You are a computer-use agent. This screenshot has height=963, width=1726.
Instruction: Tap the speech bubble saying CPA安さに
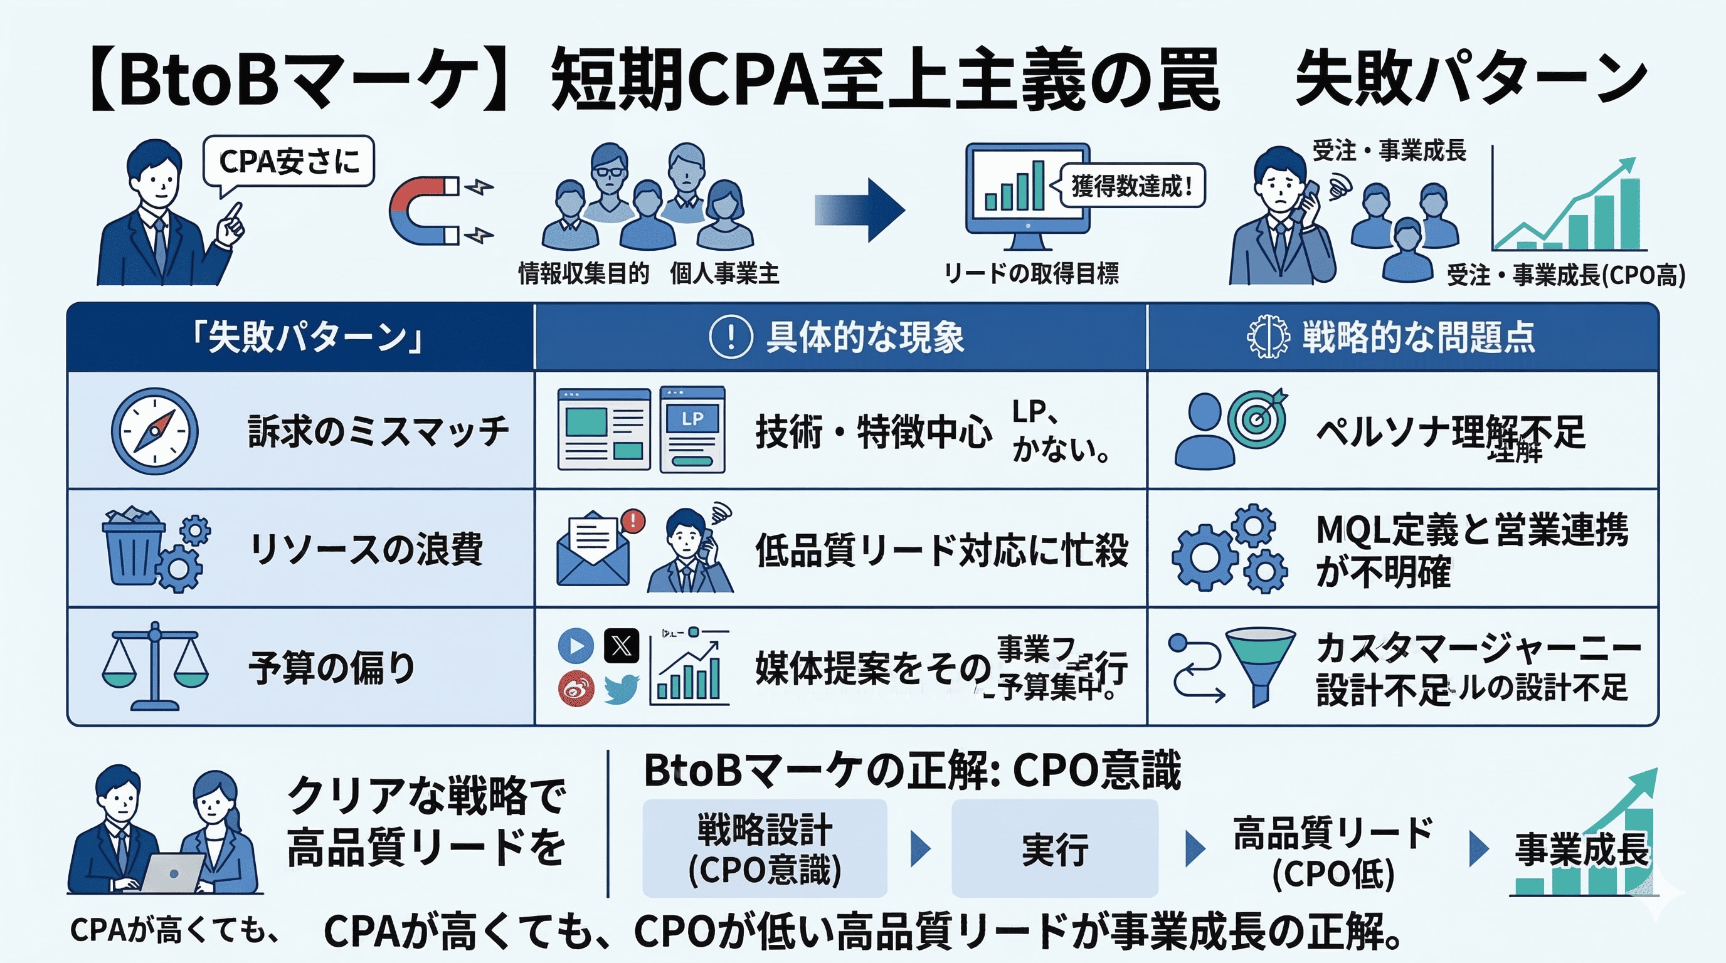click(x=289, y=162)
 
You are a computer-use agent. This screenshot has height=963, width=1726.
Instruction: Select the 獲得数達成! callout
click(x=1131, y=186)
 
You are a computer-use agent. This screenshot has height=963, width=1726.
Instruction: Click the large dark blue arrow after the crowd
click(x=861, y=210)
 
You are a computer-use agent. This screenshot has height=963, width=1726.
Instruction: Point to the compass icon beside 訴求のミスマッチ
click(x=155, y=431)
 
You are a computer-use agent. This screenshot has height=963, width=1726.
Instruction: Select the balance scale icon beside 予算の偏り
click(x=155, y=666)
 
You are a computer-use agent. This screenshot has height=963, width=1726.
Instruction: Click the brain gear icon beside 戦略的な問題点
click(x=1267, y=336)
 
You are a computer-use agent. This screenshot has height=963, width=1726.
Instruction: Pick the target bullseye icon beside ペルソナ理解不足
click(x=1257, y=421)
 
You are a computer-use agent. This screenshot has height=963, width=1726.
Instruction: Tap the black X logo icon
click(x=621, y=646)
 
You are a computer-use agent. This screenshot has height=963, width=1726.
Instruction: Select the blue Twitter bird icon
click(x=621, y=688)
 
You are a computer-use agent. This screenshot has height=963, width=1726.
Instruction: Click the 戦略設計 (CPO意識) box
click(x=765, y=848)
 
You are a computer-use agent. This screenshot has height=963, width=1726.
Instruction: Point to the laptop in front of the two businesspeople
click(x=172, y=873)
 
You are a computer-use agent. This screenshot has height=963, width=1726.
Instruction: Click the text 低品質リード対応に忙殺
click(x=941, y=550)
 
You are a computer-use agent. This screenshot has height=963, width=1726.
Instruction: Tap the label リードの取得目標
click(x=1031, y=273)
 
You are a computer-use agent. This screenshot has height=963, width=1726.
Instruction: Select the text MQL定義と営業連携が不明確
click(x=1471, y=550)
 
